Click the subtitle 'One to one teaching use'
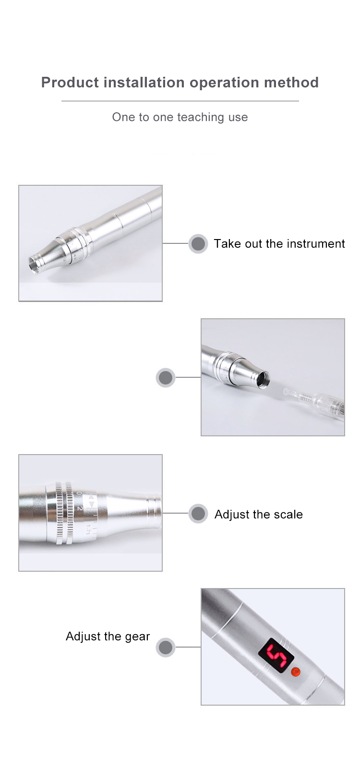pos(180,117)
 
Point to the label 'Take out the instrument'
pos(279,244)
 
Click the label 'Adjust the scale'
pos(258,515)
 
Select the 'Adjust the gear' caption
pos(108,637)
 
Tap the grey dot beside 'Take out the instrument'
pos(198,244)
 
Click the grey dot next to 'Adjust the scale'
pos(198,514)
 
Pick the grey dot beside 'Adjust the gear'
pos(166,647)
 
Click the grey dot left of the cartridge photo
pos(166,378)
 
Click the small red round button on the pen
pos(296,672)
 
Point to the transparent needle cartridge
pos(319,401)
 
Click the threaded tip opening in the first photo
pos(35,265)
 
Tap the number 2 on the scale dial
pos(80,508)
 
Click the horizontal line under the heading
pos(180,101)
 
